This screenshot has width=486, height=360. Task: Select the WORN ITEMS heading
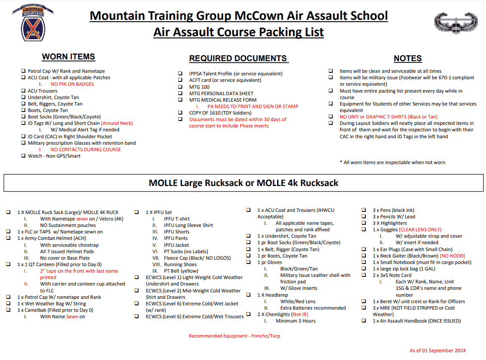(68, 57)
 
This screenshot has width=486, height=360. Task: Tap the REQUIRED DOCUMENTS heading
(238, 59)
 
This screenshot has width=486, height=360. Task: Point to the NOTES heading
(407, 59)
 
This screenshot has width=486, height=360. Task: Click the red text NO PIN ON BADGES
(72, 84)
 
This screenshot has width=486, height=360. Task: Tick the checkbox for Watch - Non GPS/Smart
(24, 156)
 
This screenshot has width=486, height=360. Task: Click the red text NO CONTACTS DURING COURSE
(86, 149)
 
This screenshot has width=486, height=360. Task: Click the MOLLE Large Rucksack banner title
(243, 183)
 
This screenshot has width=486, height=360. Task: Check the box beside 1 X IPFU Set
(136, 212)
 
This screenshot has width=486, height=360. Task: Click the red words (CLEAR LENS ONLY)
(420, 230)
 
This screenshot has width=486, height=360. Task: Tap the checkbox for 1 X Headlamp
(248, 295)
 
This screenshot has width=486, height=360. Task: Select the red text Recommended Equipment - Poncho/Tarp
(234, 336)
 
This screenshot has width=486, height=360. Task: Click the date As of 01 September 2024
(437, 351)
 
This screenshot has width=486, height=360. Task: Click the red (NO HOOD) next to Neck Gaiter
(452, 256)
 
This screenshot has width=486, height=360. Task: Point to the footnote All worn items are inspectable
(393, 162)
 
